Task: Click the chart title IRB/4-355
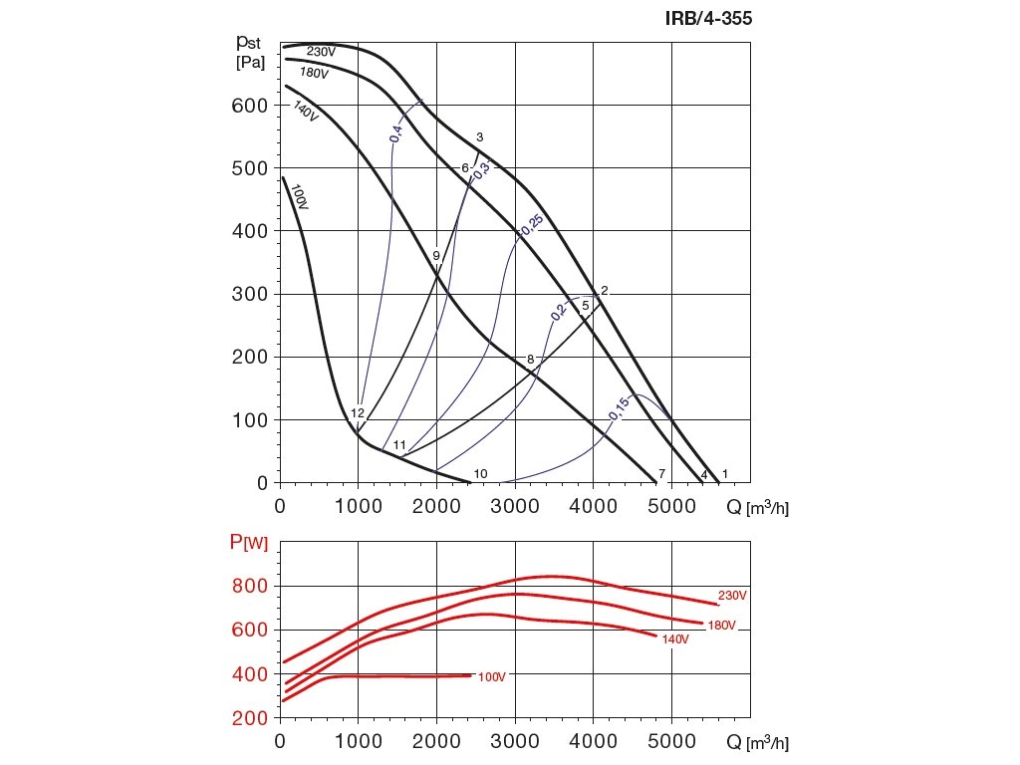coord(715,18)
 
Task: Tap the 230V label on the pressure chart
coord(320,52)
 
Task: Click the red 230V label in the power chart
coord(732,596)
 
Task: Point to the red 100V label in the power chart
coord(491,677)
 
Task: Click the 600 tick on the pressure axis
coord(249,106)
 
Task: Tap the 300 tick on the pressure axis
coord(249,294)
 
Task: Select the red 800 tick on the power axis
coord(249,586)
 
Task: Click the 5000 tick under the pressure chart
coord(671,506)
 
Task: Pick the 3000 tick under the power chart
coord(515,742)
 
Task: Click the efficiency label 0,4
coord(396,133)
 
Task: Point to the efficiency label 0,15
coord(619,408)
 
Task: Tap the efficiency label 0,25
coord(530,226)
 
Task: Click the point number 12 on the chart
coord(358,413)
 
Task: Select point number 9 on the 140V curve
coord(436,256)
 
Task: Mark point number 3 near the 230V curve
coord(479,137)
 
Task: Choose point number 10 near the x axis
coord(480,473)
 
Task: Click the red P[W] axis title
coord(248,542)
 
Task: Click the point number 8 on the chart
coord(531,359)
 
